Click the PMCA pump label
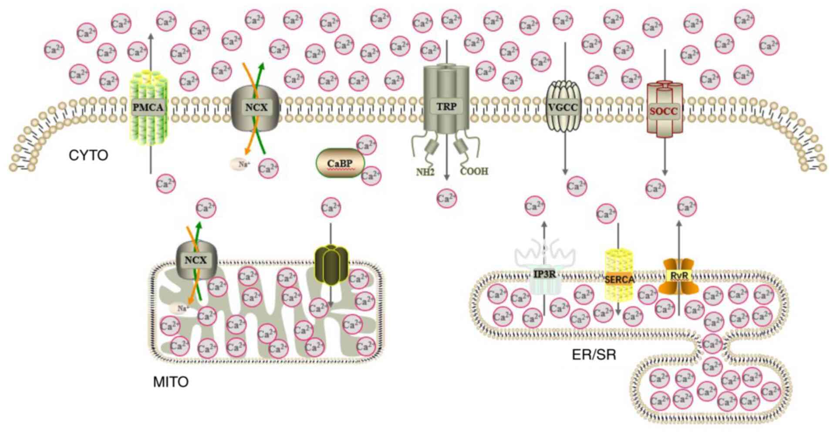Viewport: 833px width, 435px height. point(149,107)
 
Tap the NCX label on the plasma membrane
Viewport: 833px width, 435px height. point(256,107)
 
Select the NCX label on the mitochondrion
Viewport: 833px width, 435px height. point(196,260)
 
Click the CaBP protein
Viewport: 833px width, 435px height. point(340,164)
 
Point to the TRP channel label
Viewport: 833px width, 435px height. point(446,107)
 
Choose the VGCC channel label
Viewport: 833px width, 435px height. point(563,107)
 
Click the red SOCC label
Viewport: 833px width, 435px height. point(664,111)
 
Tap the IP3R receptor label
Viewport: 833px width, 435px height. point(544,274)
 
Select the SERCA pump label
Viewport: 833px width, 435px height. point(619,279)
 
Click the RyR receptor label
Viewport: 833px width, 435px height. point(679,276)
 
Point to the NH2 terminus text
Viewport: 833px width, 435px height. point(425,172)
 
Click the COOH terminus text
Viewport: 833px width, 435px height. point(474,171)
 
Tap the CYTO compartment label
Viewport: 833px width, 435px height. point(88,155)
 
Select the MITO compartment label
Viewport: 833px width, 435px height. point(171,382)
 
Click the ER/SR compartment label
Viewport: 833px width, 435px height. point(594,355)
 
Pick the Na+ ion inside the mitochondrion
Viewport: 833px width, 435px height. point(181,308)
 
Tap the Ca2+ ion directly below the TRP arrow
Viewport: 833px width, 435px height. point(446,199)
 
